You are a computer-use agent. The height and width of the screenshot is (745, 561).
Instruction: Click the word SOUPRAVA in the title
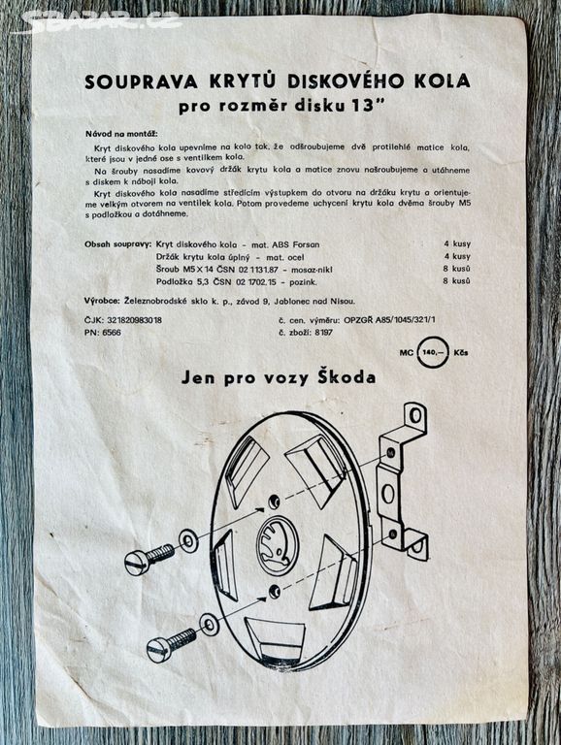click(141, 81)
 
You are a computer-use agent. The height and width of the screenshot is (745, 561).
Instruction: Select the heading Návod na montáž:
click(121, 134)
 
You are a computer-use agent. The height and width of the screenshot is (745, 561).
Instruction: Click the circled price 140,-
click(433, 352)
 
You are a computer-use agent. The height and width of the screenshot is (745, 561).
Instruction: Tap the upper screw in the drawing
click(149, 558)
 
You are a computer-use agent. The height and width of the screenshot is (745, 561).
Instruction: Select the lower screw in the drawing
click(171, 645)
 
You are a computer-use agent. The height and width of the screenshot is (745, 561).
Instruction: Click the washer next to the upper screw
click(188, 541)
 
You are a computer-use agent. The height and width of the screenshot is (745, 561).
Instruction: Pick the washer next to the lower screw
click(208, 624)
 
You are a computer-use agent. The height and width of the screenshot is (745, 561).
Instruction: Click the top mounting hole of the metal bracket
click(415, 416)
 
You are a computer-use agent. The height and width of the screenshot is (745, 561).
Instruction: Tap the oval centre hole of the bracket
click(388, 493)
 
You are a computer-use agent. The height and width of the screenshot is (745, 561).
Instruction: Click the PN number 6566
click(112, 333)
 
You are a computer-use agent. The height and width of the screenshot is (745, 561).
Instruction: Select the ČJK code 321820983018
click(135, 320)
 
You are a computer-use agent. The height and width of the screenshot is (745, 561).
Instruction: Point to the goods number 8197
click(324, 333)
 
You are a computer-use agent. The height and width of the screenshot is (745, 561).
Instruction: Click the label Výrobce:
click(103, 302)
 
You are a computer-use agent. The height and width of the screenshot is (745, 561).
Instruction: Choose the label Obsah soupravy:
click(117, 244)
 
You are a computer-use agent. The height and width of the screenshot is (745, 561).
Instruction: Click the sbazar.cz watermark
click(102, 20)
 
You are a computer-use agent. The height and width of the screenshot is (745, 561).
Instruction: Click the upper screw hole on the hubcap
click(274, 502)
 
